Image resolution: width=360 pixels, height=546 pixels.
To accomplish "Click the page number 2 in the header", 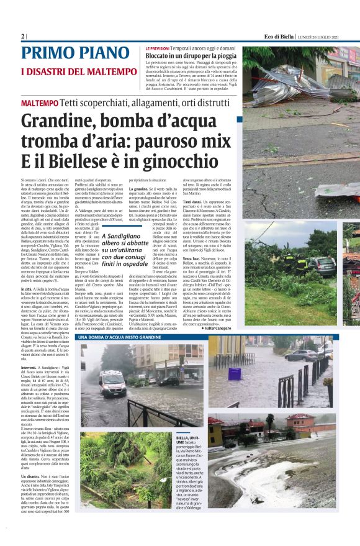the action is point(23,37).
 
